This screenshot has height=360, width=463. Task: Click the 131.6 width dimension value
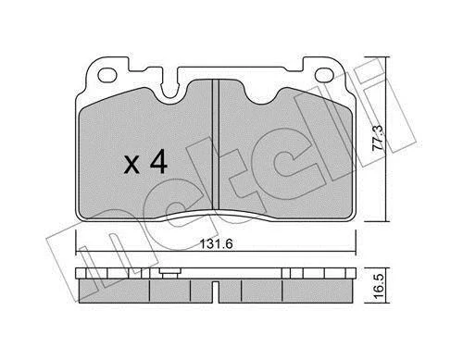pos(216,244)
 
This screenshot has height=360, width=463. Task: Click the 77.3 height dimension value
pos(378,137)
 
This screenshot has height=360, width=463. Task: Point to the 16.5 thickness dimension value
pos(378,285)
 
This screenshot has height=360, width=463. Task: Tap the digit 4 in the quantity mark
pos(158,163)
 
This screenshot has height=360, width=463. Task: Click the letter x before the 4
pos(131,165)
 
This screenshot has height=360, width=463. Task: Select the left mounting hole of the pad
pos(107,75)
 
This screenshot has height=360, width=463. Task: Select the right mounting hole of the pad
pos(324,75)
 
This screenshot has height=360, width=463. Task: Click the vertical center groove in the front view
pos(216,144)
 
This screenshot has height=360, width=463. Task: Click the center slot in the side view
pos(216,292)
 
